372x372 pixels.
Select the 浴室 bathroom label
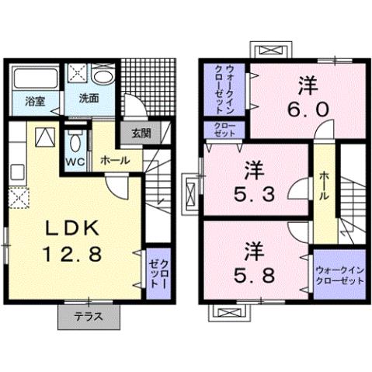[33, 100]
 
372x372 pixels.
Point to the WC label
[75, 162]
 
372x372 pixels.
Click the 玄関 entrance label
[141, 133]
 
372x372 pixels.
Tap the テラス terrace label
[91, 318]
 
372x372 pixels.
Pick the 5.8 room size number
[253, 274]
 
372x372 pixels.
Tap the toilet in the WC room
[75, 143]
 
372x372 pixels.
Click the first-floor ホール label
[115, 160]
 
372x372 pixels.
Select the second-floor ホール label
[324, 186]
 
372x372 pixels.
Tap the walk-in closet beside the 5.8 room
[338, 274]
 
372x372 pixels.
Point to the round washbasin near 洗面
[103, 78]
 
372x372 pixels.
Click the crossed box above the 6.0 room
[270, 50]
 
